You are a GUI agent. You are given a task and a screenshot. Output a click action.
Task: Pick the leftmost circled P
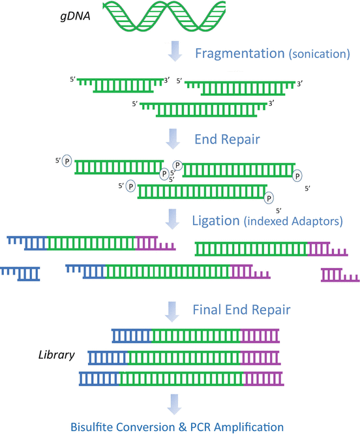[x=67, y=162]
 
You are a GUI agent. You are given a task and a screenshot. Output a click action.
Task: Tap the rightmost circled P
[x=297, y=175]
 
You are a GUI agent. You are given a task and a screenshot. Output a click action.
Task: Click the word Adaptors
[x=315, y=222]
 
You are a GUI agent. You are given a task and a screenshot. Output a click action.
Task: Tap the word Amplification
[x=247, y=427]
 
